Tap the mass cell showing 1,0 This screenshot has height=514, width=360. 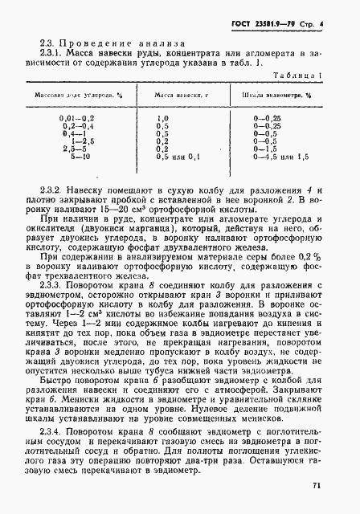[x=162, y=118]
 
